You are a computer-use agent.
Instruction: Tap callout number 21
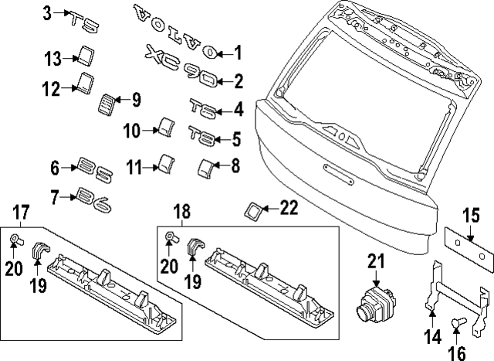click(376, 262)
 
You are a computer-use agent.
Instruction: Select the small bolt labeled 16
click(456, 325)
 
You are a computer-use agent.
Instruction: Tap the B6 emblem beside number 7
click(95, 203)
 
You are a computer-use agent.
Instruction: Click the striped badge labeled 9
click(110, 103)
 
